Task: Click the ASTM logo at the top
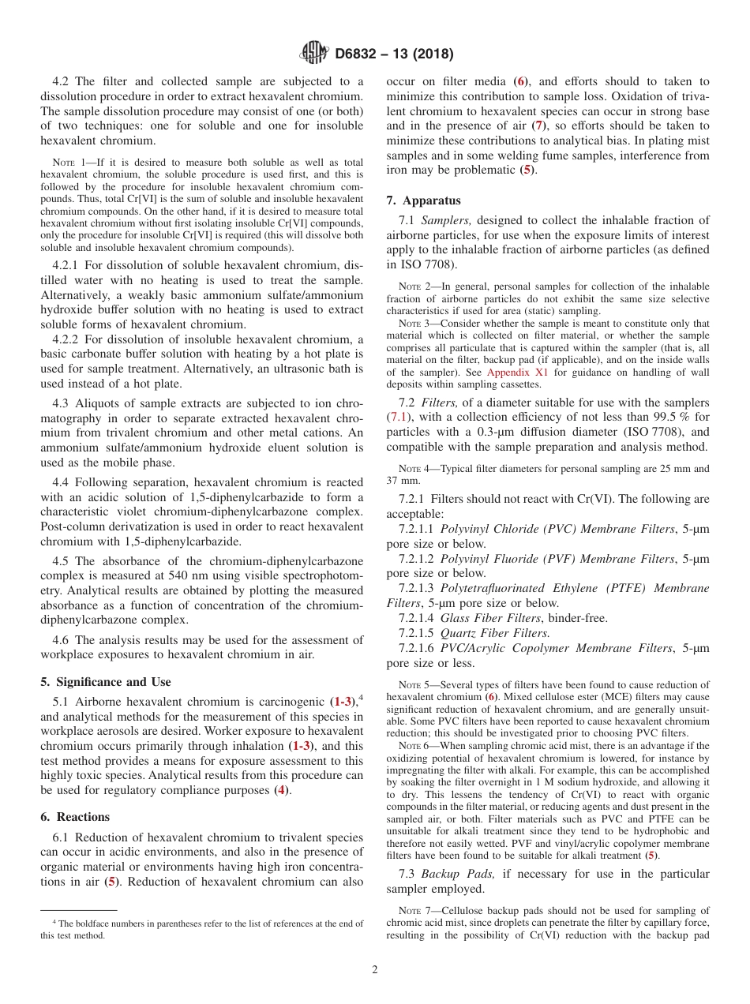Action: click(313, 54)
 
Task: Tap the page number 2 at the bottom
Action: click(375, 970)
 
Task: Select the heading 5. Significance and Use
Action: click(105, 682)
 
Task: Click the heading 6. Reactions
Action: click(75, 817)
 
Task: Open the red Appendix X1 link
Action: click(515, 373)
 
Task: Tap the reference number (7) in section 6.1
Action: click(538, 126)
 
